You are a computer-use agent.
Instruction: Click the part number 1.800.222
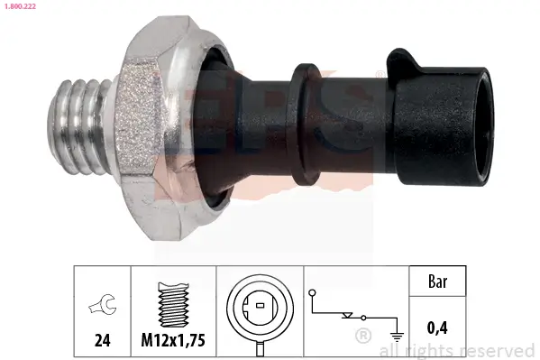click(x=19, y=5)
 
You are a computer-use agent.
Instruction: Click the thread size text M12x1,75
click(x=174, y=340)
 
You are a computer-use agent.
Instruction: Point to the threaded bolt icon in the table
click(x=173, y=301)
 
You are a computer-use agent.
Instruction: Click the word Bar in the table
click(x=438, y=282)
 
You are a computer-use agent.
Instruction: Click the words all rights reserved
click(x=458, y=350)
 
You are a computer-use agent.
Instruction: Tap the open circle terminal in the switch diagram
click(x=312, y=293)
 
